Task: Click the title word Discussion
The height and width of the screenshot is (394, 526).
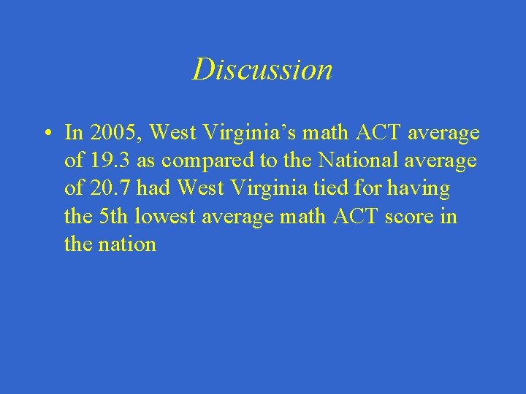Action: click(262, 69)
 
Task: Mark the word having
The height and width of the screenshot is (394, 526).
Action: click(422, 188)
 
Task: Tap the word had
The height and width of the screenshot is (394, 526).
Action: click(153, 188)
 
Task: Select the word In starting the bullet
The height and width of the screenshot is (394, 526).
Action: click(73, 133)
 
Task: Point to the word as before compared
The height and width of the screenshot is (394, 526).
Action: click(146, 161)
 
